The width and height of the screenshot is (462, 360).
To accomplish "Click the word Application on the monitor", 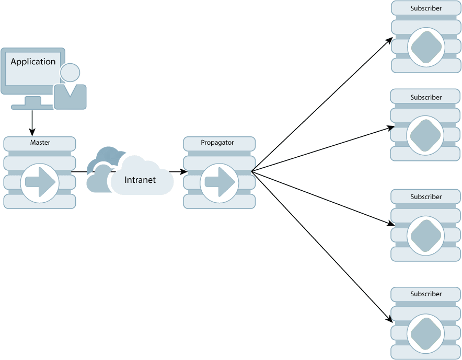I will [33, 62].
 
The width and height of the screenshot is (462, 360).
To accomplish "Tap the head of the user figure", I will [70, 73].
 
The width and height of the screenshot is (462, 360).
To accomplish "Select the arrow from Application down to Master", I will [32, 122].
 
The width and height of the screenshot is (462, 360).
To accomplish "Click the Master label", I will [40, 142].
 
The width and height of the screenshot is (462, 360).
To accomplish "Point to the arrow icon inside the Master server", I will [40, 182].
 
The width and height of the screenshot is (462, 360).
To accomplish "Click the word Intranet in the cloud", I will [140, 180].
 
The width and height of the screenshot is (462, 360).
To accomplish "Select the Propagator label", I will [217, 142].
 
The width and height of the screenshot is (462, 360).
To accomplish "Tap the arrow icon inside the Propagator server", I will [220, 182].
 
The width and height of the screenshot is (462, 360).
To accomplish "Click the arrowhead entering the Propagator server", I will [184, 171].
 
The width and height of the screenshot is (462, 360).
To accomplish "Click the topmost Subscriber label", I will [426, 8].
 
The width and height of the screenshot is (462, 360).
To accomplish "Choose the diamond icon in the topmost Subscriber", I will [426, 48].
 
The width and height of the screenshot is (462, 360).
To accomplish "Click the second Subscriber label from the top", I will [426, 97].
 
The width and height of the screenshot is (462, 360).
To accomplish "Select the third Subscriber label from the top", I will [426, 197].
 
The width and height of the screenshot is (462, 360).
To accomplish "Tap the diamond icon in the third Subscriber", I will [425, 235].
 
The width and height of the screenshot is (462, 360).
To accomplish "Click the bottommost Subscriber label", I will [426, 294].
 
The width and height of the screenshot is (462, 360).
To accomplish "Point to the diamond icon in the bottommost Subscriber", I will [425, 333].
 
